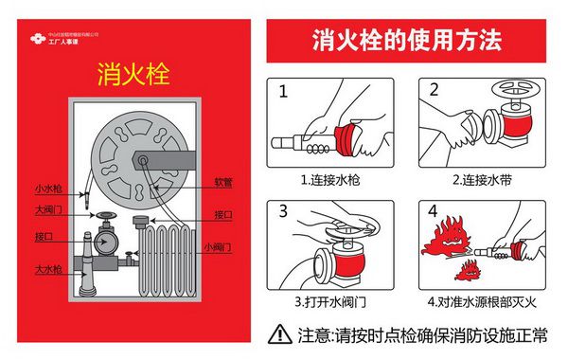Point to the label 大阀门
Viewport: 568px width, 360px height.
click(x=48, y=209)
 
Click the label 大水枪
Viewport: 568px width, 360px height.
click(x=48, y=269)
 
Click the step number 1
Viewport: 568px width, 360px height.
click(x=282, y=94)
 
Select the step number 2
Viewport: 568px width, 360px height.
click(x=434, y=91)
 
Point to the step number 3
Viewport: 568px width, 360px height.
click(x=282, y=212)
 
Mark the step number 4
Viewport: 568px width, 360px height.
click(x=433, y=210)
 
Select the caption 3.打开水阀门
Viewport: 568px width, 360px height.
click(x=332, y=302)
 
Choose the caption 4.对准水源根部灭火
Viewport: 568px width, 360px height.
click(x=484, y=302)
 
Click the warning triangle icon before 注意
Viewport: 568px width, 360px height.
click(x=280, y=333)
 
